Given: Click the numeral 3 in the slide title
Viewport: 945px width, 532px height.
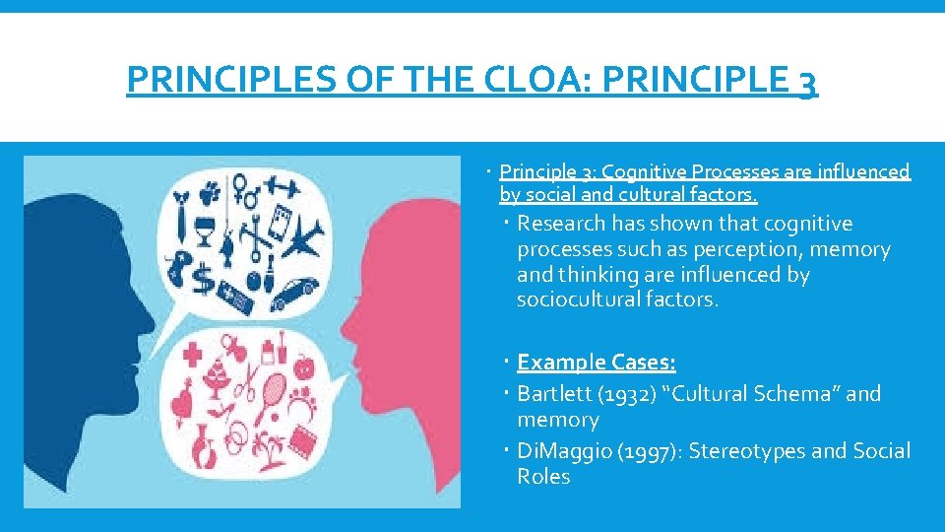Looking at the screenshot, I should click(x=804, y=82).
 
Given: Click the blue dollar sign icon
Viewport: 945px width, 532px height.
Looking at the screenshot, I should click(x=205, y=279).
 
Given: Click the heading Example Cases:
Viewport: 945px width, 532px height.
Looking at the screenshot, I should click(x=597, y=363).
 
